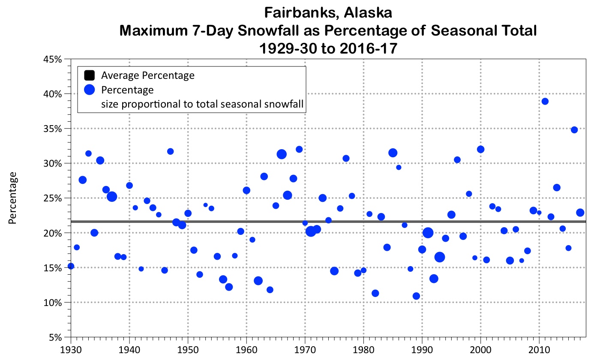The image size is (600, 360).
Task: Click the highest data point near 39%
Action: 545,102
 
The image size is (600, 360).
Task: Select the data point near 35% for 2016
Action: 574,130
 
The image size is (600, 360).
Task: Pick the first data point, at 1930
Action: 71,266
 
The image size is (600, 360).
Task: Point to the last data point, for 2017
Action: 580,213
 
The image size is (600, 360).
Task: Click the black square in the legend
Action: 89,76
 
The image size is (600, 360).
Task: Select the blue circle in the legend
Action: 89,90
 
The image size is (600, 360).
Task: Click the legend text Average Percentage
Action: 148,76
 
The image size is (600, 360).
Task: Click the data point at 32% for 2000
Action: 480,149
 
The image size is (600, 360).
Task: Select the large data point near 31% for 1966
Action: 282,154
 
